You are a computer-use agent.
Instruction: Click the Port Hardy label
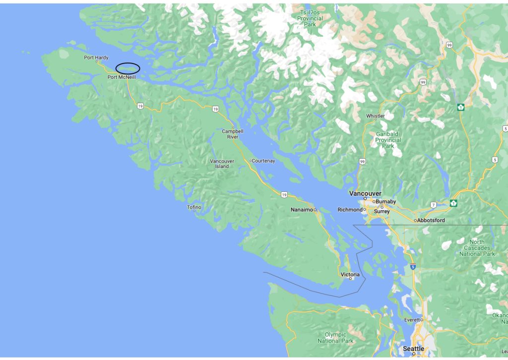click(x=96, y=58)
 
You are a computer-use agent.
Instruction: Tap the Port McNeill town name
click(x=122, y=77)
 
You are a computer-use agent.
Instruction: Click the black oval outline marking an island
click(x=127, y=68)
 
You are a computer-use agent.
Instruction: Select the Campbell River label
click(x=230, y=134)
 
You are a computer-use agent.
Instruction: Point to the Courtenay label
click(x=263, y=161)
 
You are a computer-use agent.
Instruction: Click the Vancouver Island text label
click(x=222, y=164)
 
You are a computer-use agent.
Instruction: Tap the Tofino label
click(x=194, y=207)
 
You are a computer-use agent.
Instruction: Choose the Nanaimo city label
click(x=302, y=210)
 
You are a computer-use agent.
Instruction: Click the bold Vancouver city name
click(x=365, y=193)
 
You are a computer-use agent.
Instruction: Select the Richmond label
click(x=350, y=210)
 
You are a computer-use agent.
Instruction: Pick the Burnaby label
click(x=385, y=202)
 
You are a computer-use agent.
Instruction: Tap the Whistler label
click(x=375, y=116)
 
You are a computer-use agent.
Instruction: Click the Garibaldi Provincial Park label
click(x=388, y=140)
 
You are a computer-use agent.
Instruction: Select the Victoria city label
click(x=350, y=274)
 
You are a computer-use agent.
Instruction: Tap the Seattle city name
click(x=413, y=349)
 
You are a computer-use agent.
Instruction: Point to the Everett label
click(x=412, y=320)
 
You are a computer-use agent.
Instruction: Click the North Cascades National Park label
click(x=477, y=248)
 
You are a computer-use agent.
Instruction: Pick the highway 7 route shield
click(x=433, y=205)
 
